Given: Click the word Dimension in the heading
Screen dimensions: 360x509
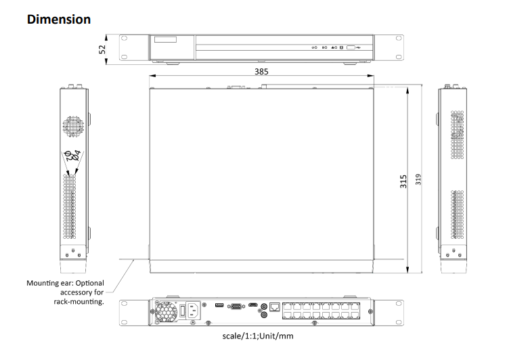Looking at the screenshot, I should click(58, 20).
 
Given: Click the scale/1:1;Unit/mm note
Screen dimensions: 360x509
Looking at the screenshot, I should click(258, 336).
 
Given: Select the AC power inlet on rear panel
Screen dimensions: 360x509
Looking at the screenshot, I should click(197, 310).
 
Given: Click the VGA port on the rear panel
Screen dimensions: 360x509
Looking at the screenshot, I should click(236, 307).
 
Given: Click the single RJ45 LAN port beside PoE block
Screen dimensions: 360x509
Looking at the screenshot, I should click(275, 307).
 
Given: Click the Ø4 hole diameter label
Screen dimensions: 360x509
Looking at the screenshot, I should click(78, 155).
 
